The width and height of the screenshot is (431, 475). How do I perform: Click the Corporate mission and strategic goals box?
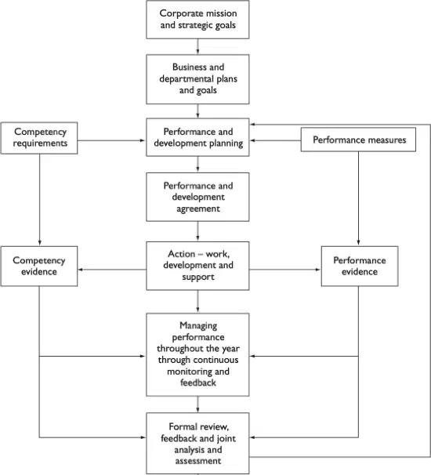pos(197,20)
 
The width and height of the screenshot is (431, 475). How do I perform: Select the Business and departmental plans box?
pos(197,79)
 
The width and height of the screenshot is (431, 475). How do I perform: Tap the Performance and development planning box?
pos(197,137)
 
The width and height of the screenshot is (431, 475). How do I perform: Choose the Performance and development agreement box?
pos(197,197)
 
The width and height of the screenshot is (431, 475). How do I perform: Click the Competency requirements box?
pos(39,138)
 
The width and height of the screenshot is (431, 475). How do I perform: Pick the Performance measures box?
pos(358,140)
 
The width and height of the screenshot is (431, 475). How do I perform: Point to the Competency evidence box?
pos(39,266)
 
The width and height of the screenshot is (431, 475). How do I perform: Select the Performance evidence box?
pos(360,266)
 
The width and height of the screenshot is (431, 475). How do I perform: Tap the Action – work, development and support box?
pos(197,266)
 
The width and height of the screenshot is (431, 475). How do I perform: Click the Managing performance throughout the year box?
pos(197,355)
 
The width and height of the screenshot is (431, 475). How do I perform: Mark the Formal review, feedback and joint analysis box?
pos(197,443)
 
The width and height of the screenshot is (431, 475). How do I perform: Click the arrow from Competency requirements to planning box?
pos(112,140)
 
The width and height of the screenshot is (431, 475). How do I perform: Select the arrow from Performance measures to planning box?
pos(275,140)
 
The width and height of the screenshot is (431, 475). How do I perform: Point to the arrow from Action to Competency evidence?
pos(112,270)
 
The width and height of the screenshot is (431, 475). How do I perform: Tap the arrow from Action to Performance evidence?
pos(285,270)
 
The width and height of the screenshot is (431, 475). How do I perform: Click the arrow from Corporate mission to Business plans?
pos(197,47)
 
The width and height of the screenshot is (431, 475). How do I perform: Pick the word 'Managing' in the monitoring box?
pos(198,326)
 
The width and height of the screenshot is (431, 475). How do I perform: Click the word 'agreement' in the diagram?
pos(198,209)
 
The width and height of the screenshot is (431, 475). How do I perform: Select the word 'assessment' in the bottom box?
pos(198,461)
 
